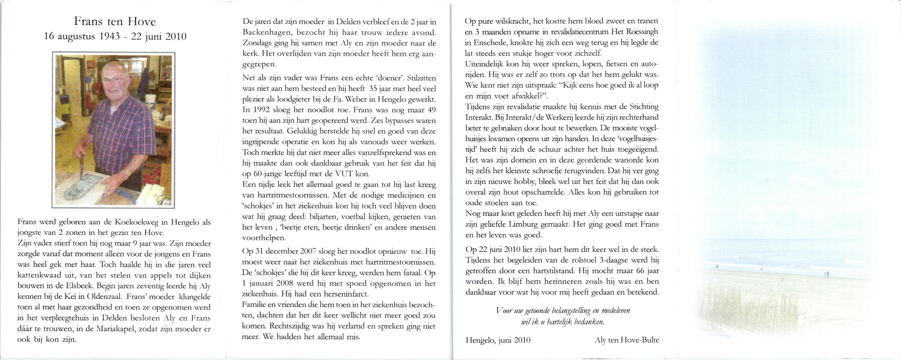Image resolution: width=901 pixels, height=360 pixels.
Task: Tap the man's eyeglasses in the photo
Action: [113, 80]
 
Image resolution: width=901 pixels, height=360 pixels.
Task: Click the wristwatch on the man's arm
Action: [128, 172]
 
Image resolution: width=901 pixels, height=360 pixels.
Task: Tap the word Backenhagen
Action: [266, 32]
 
